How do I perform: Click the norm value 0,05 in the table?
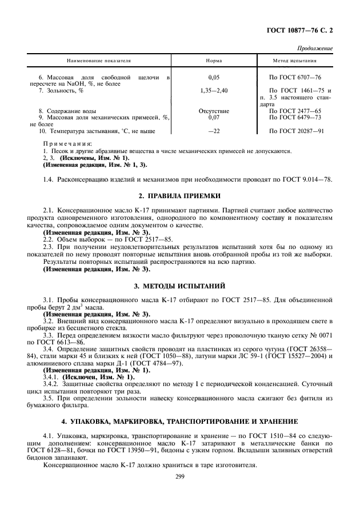pyautogui.click(x=214, y=77)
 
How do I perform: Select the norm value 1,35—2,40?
pyautogui.click(x=214, y=90)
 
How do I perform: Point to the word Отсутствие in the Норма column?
pyautogui.click(x=214, y=111)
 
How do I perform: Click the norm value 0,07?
pyautogui.click(x=214, y=117)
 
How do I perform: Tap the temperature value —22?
pyautogui.click(x=214, y=131)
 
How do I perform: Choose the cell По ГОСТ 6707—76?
pyautogui.click(x=295, y=77)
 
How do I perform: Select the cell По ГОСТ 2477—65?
pyautogui.click(x=295, y=111)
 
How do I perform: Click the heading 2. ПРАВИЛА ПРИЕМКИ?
pyautogui.click(x=180, y=196)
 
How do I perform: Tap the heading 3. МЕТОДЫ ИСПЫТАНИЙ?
pyautogui.click(x=180, y=284)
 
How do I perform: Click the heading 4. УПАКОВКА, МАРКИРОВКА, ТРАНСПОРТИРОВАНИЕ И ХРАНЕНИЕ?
pyautogui.click(x=180, y=421)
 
